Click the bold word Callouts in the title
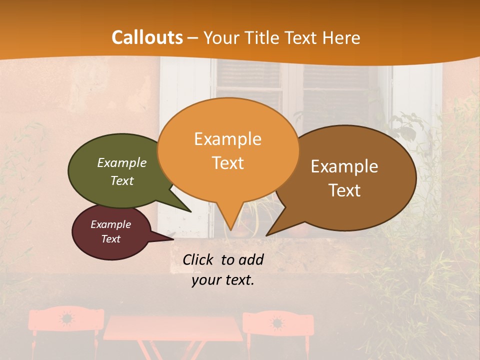(147, 37)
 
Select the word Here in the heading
(342, 37)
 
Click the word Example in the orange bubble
(227, 139)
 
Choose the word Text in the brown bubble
(345, 190)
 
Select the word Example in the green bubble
(122, 162)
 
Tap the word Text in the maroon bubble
(111, 239)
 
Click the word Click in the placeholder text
(199, 259)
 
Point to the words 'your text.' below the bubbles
(223, 280)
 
